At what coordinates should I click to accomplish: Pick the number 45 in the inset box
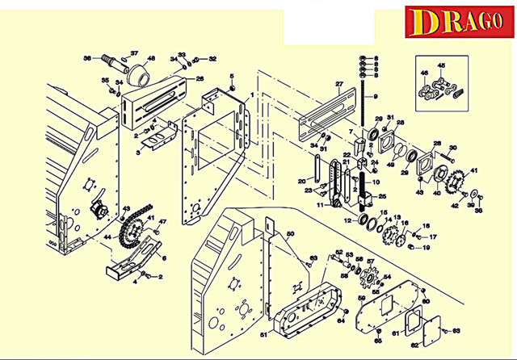point(441,66)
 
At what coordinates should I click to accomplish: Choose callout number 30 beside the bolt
point(452,148)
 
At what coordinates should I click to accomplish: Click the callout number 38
point(477,210)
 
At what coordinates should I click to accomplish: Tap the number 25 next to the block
point(383,196)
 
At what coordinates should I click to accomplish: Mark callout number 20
point(301,181)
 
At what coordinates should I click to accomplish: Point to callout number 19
point(427,247)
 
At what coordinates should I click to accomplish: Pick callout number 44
point(107,238)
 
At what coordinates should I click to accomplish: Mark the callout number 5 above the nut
point(233,77)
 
